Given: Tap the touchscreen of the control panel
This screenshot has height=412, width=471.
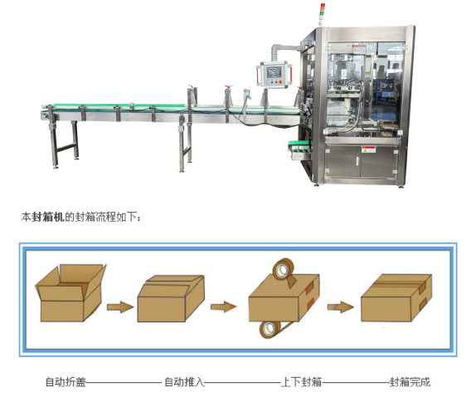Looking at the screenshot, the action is [x=274, y=72].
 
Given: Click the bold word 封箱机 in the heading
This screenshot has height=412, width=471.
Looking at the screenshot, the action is [x=48, y=217].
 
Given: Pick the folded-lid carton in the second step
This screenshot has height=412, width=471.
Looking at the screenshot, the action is [x=171, y=298].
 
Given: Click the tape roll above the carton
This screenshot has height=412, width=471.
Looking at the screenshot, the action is [x=284, y=270].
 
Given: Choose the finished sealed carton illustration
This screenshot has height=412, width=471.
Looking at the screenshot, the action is [x=396, y=297].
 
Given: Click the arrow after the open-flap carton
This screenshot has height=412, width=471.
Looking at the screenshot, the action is [x=120, y=307].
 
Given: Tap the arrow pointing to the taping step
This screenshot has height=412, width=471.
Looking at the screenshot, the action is [x=224, y=307].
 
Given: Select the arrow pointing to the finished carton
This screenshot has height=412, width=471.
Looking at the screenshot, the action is [x=340, y=307].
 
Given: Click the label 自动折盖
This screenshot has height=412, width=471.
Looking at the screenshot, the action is [x=66, y=382].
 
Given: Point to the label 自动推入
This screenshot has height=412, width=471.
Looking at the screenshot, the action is [x=184, y=382].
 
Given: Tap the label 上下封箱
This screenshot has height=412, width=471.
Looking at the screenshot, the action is [x=301, y=382].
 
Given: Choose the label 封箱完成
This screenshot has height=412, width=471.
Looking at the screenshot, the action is [x=410, y=382].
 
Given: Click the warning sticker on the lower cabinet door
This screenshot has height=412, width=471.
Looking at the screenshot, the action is [x=369, y=150].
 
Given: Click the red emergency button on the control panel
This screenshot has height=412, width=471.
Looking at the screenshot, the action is [x=280, y=81].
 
